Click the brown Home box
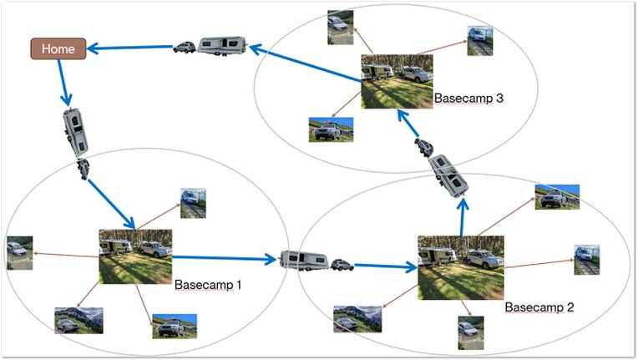point(58,48)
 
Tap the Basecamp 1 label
point(208,285)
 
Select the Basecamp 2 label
point(539,307)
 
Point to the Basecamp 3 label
point(468,98)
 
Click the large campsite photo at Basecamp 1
point(135,256)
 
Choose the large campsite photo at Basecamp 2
point(461,267)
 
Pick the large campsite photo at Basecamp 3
point(397,82)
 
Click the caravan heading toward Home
point(223,46)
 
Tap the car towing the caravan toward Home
point(185,47)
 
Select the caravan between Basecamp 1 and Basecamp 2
point(304,261)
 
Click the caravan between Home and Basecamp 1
point(75,132)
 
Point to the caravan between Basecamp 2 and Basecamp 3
point(448,176)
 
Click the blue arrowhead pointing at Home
point(93,48)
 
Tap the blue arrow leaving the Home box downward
point(63,83)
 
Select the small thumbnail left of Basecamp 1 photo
point(20,253)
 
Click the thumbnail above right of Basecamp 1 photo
point(193,204)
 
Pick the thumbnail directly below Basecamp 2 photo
point(471,332)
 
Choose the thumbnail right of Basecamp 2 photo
point(587,260)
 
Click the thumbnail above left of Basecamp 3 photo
point(341,28)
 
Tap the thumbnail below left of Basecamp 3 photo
point(332,129)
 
